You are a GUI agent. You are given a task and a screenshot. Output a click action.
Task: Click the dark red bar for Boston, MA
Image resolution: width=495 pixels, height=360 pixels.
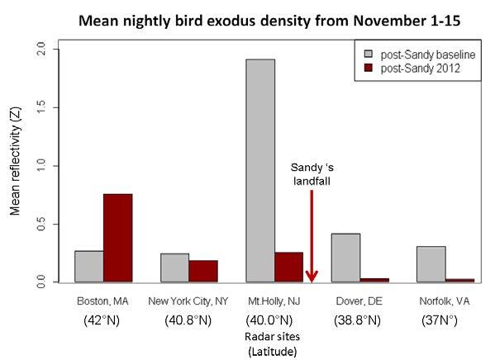pyautogui.click(x=117, y=238)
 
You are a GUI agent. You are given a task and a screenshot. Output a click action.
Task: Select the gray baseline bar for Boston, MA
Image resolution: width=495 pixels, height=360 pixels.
pyautogui.click(x=88, y=266)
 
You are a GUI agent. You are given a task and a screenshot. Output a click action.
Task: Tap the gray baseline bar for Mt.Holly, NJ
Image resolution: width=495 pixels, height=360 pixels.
pyautogui.click(x=260, y=170)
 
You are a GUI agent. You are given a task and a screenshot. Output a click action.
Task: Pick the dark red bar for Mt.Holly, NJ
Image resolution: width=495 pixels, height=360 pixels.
pyautogui.click(x=288, y=267)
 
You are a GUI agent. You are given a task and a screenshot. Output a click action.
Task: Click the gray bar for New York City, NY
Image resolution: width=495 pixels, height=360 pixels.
pyautogui.click(x=174, y=268)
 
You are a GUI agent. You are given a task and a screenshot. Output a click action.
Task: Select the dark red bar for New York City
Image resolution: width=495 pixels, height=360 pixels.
pyautogui.click(x=203, y=271)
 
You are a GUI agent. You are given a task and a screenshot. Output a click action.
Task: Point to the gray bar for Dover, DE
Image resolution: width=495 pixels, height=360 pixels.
pyautogui.click(x=345, y=258)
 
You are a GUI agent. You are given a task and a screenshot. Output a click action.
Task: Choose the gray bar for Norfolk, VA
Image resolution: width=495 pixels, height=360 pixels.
pyautogui.click(x=431, y=264)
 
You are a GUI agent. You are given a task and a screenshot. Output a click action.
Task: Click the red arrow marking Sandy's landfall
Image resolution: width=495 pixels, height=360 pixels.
pyautogui.click(x=312, y=239)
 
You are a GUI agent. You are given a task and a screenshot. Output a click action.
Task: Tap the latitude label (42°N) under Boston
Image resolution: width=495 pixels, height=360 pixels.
pyautogui.click(x=102, y=320)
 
